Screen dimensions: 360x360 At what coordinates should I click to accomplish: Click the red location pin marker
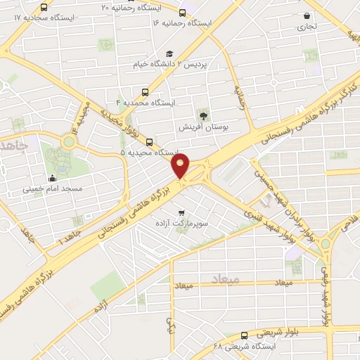[181, 167]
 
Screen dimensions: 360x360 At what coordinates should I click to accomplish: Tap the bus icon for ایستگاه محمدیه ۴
[146, 91]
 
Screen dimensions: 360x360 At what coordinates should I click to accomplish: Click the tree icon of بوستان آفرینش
[203, 115]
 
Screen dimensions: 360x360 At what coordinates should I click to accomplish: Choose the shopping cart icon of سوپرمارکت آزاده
[181, 212]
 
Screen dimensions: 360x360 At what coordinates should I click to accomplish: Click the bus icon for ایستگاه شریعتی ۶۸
[243, 335]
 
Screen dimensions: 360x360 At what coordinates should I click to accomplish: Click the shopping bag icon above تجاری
[307, 15]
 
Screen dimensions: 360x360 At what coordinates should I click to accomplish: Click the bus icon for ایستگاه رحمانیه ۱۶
[183, 13]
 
